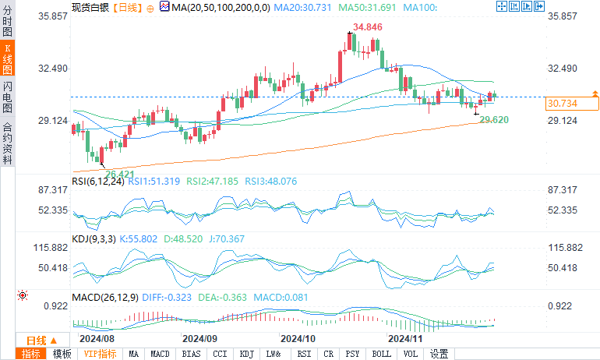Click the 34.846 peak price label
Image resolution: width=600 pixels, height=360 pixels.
click(367, 27)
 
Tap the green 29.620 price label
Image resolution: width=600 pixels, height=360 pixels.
click(494, 119)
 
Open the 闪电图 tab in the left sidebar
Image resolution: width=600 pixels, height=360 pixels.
click(8, 95)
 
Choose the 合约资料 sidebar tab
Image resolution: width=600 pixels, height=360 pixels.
click(8, 143)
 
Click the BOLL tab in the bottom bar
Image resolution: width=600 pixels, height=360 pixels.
click(381, 354)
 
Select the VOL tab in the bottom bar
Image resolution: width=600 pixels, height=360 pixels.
click(410, 354)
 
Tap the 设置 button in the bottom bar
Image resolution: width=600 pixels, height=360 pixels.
click(439, 354)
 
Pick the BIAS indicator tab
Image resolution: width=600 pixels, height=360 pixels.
click(190, 354)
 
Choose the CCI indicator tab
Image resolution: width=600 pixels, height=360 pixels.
click(220, 354)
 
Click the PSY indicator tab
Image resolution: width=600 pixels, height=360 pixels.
click(352, 354)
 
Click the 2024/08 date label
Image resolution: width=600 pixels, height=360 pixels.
click(97, 340)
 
